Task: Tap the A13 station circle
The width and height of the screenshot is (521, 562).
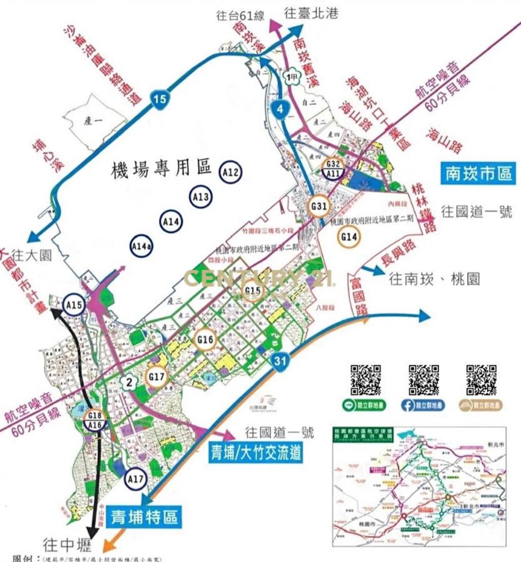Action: click(x=201, y=197)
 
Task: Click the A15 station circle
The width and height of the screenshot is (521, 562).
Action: click(x=75, y=305)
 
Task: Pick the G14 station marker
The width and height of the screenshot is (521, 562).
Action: click(x=350, y=237)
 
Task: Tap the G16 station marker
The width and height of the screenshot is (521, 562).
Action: click(x=206, y=339)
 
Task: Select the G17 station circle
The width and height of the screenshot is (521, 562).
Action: click(x=158, y=377)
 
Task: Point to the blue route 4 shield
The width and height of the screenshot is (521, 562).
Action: click(x=280, y=108)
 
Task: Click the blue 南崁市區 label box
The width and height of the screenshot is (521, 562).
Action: click(x=477, y=173)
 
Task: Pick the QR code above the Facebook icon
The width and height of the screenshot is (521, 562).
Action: click(x=424, y=380)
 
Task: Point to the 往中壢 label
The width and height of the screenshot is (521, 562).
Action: click(x=67, y=546)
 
